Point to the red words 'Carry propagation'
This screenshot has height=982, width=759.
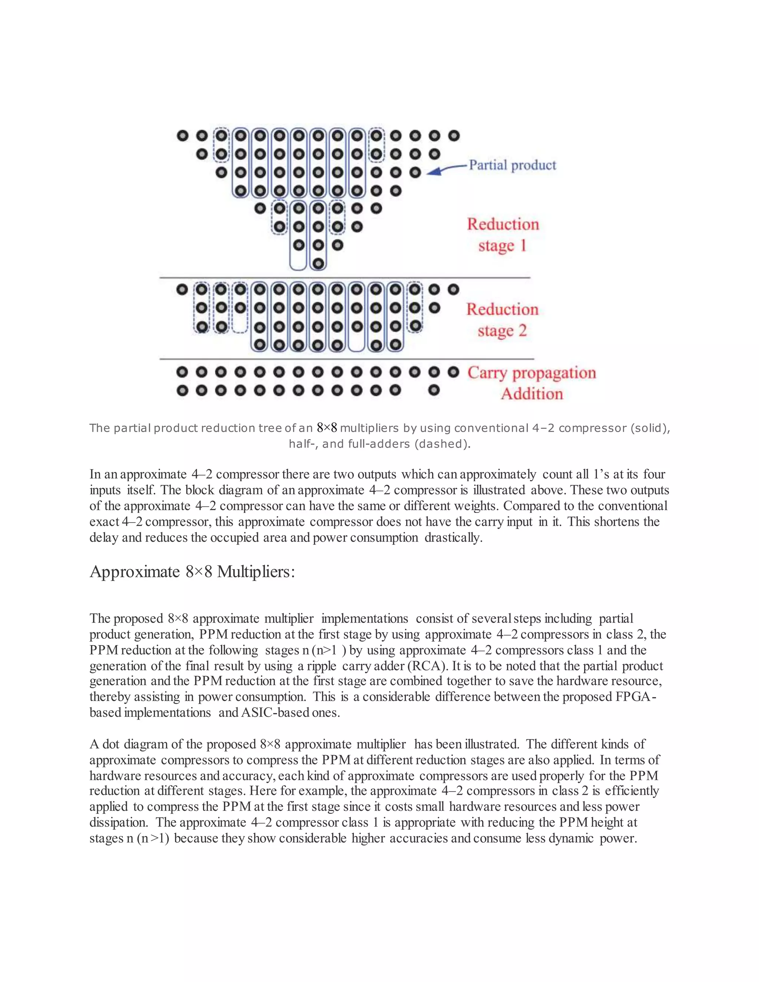click(x=531, y=373)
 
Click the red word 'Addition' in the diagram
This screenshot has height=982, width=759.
click(x=531, y=394)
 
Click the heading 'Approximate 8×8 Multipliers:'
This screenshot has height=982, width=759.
click(x=192, y=572)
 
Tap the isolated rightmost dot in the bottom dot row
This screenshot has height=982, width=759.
click(x=434, y=390)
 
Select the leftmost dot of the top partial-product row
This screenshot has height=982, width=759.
click(x=182, y=135)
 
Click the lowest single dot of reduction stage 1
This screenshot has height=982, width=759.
click(x=318, y=263)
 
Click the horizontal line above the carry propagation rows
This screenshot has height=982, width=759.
click(x=346, y=359)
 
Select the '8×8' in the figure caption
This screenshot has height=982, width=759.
click(x=327, y=428)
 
